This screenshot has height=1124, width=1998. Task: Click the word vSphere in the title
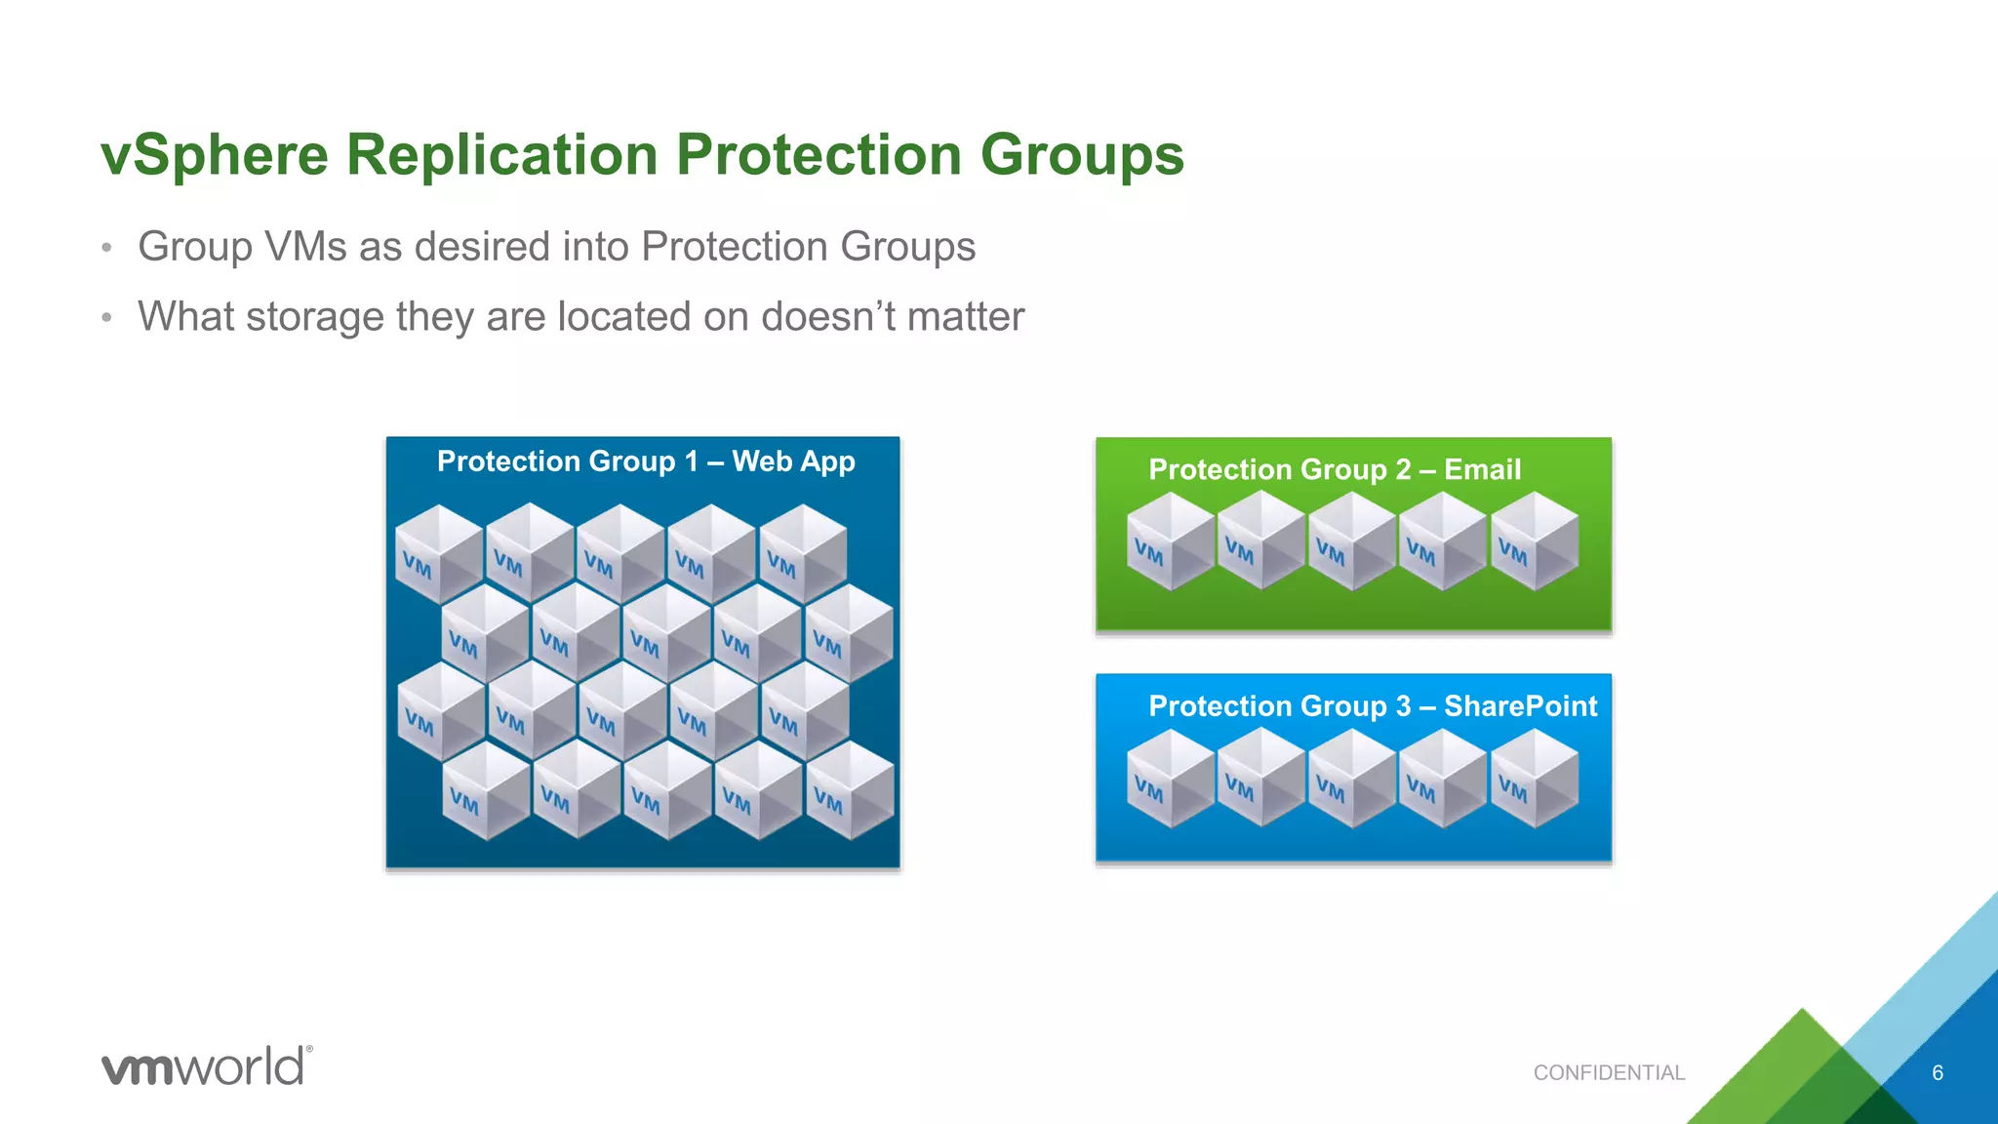pyautogui.click(x=215, y=156)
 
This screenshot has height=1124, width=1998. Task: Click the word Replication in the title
pyautogui.click(x=502, y=156)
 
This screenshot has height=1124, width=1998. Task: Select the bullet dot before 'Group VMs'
pyautogui.click(x=107, y=248)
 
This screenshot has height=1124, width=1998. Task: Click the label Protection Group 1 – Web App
pyautogui.click(x=645, y=462)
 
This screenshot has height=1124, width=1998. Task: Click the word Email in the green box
pyautogui.click(x=1481, y=470)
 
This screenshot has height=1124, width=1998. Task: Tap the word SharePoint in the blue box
pyautogui.click(x=1520, y=706)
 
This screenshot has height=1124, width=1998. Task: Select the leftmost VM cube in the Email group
pyautogui.click(x=1170, y=542)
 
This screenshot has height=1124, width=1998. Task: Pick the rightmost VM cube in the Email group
pyautogui.click(x=1534, y=542)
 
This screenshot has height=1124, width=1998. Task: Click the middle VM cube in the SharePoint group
pyautogui.click(x=1352, y=779)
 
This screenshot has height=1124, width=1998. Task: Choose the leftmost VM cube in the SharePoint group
pyautogui.click(x=1170, y=779)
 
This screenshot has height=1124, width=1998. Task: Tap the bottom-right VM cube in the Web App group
pyautogui.click(x=849, y=790)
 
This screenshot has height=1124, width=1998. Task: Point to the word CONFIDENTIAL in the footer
pyautogui.click(x=1609, y=1073)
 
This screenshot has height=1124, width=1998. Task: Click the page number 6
pyautogui.click(x=1938, y=1073)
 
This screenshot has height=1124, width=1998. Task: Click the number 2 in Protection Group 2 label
pyautogui.click(x=1403, y=470)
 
